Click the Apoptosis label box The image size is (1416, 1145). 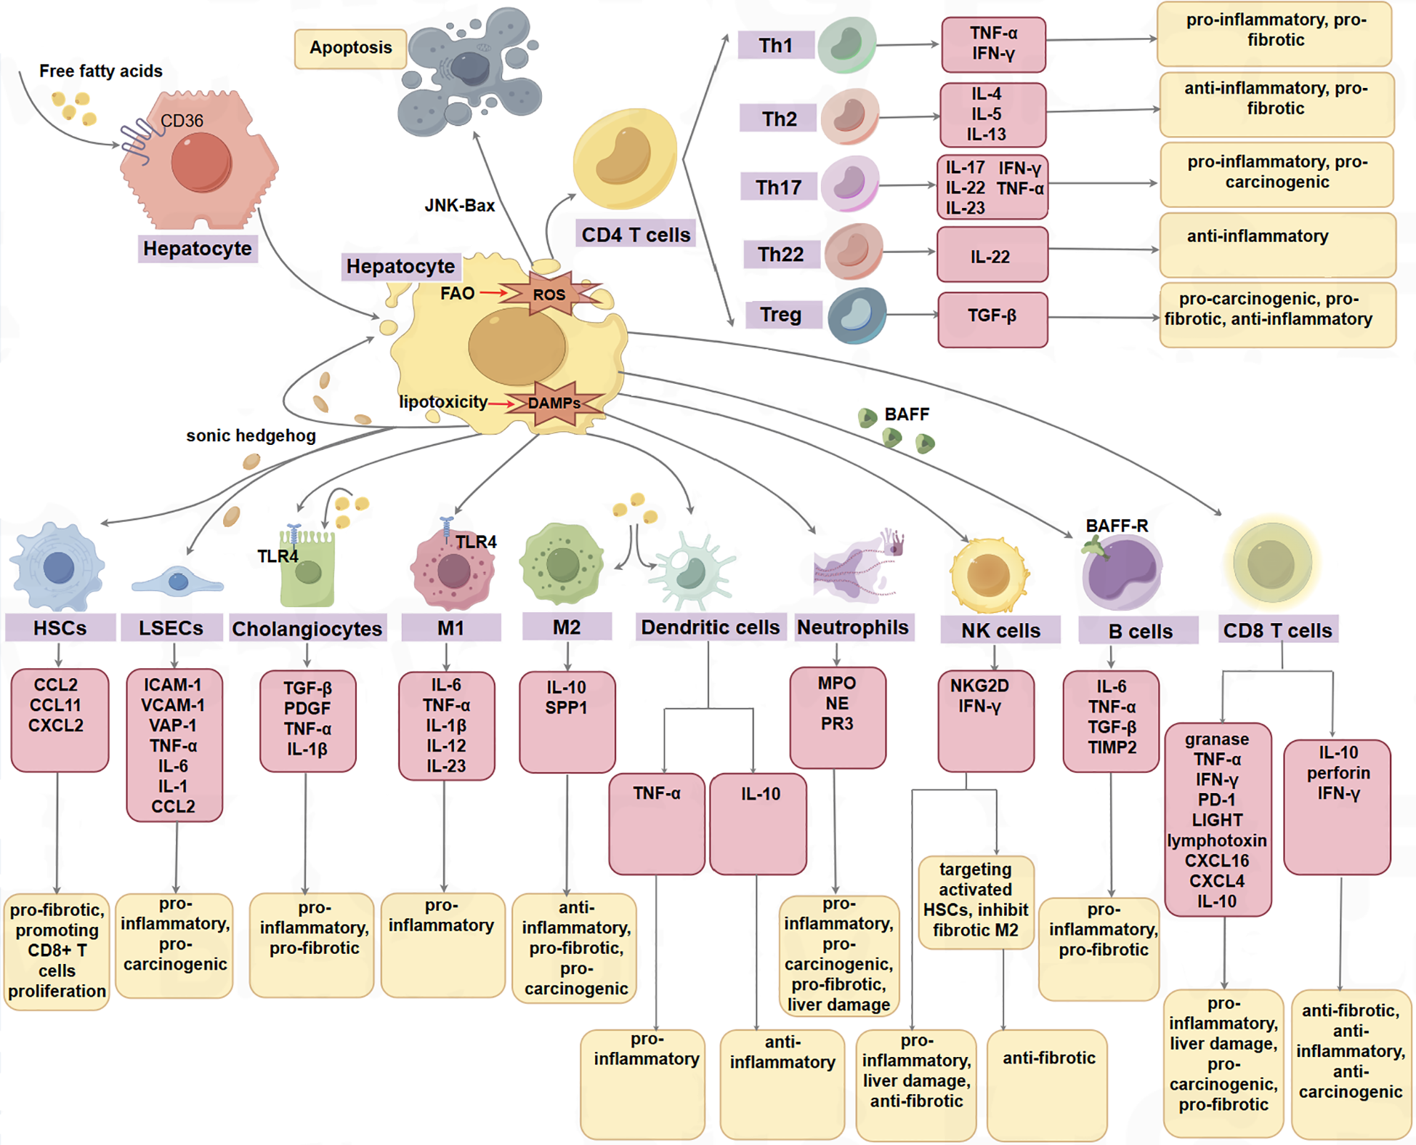click(x=350, y=48)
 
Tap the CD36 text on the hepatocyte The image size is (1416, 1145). click(x=182, y=121)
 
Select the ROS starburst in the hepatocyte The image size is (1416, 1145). click(x=549, y=294)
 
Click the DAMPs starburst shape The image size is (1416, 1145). click(x=554, y=403)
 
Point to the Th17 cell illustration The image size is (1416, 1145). click(x=850, y=183)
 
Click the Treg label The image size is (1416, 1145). click(x=781, y=315)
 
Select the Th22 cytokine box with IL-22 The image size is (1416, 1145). click(x=992, y=255)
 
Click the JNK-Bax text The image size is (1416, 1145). click(x=459, y=206)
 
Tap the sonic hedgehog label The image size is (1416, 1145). click(x=251, y=435)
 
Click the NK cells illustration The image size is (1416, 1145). click(x=988, y=574)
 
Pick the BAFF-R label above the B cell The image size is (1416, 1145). click(x=1117, y=526)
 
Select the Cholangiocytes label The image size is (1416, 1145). click(x=307, y=629)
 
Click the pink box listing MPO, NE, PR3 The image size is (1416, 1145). click(x=837, y=716)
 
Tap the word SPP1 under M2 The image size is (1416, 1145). click(x=566, y=707)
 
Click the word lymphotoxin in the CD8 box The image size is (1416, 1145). click(x=1217, y=840)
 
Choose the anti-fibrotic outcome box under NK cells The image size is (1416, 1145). click(x=1048, y=1083)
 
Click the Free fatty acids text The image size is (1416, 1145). click(x=100, y=71)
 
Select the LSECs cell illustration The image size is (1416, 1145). click(x=177, y=582)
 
